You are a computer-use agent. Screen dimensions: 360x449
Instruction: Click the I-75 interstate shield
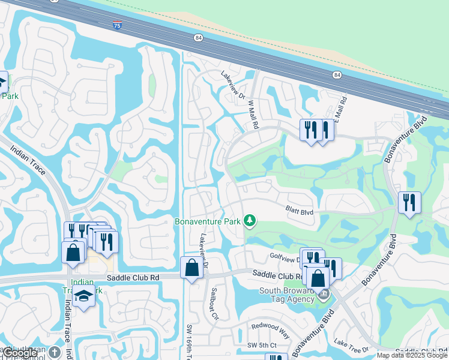116,25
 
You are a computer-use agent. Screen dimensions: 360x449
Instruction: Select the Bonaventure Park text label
207,221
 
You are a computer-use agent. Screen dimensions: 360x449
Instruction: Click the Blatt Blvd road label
300,211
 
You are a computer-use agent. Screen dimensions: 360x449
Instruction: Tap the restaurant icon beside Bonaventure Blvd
409,202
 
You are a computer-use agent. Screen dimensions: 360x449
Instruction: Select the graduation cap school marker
83,296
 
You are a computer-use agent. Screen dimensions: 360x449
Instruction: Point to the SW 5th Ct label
262,345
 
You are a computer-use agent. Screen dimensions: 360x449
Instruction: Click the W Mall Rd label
253,114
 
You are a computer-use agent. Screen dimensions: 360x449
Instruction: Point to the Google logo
20,353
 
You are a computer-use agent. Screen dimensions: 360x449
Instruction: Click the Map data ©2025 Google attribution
412,355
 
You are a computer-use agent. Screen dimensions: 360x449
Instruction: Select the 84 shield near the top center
199,37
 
